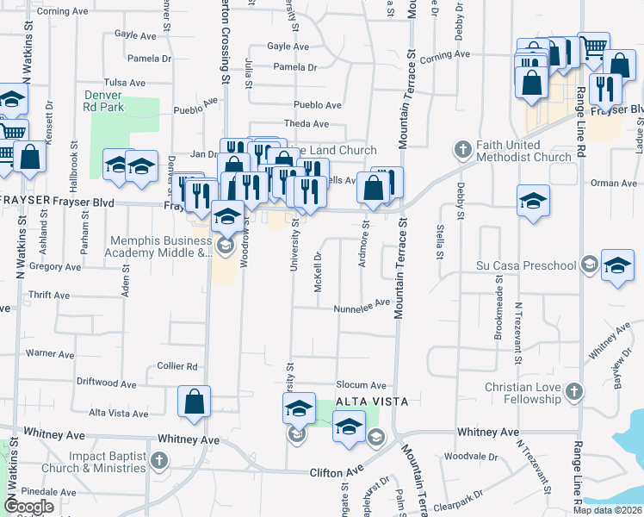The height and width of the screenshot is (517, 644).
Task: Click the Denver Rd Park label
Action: pos(104,101)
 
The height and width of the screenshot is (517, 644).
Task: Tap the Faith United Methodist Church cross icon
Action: pos(462,150)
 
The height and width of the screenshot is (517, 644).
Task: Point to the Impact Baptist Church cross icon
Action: pos(158,461)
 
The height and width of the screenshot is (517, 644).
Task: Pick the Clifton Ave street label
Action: pos(337,472)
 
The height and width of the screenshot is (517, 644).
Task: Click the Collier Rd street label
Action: pos(178,366)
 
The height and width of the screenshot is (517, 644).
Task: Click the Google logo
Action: pos(29,507)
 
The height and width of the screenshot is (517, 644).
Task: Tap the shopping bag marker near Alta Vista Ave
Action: pos(194,401)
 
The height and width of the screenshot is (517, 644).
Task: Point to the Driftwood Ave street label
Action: pos(107,383)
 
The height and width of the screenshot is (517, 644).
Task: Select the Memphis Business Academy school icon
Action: pos(226,246)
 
